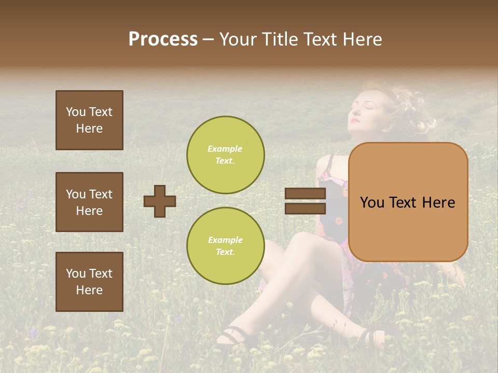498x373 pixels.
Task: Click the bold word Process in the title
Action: [x=163, y=39]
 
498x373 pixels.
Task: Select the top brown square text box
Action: [x=89, y=120]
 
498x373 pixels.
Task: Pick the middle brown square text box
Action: [x=89, y=202]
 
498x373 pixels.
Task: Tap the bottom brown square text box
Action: [x=89, y=282]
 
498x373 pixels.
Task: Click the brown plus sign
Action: [x=160, y=201]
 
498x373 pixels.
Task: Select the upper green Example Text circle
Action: [x=225, y=154]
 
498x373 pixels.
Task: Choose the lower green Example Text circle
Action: [x=225, y=246]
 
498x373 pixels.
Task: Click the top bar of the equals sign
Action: [x=305, y=193]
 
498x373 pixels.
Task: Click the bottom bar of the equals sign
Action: [x=305, y=208]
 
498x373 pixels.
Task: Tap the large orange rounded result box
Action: [x=408, y=202]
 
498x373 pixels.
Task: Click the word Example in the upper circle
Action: [x=225, y=149]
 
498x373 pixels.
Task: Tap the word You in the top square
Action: [x=76, y=112]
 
